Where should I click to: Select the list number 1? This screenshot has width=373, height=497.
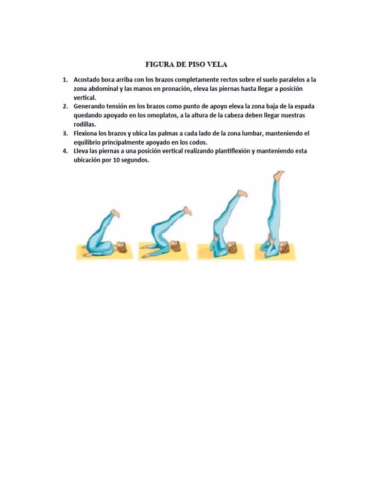[x=65, y=80]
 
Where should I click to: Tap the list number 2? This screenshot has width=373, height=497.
[x=65, y=106]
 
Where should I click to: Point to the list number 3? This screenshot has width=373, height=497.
[x=65, y=133]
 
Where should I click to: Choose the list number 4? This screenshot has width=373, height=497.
[x=65, y=150]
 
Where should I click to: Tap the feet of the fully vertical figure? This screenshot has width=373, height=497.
[x=278, y=174]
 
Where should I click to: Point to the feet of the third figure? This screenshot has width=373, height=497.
[x=241, y=193]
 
